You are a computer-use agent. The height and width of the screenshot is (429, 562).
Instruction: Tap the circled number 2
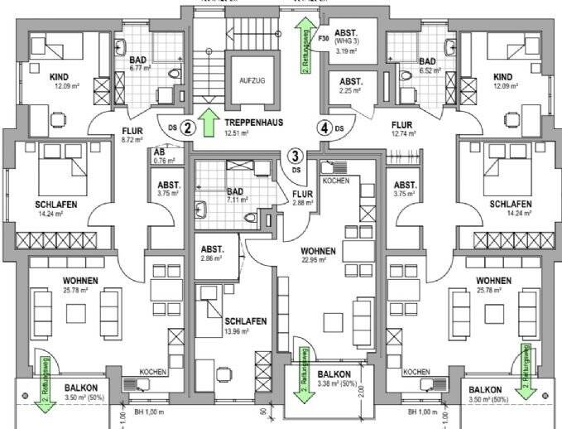[x=188, y=128]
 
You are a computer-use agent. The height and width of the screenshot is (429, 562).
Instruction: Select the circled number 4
[x=326, y=128]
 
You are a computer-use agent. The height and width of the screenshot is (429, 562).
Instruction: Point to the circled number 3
[x=294, y=155]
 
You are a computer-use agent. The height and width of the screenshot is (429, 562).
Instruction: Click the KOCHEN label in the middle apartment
[x=335, y=180]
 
